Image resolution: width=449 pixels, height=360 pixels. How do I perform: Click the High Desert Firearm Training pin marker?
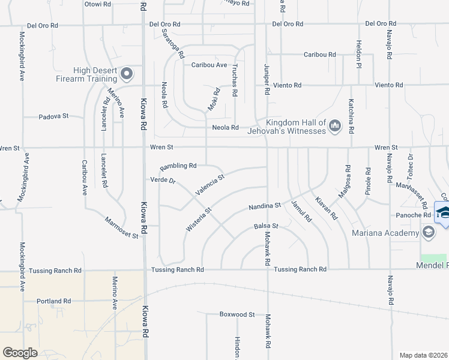click(127, 74)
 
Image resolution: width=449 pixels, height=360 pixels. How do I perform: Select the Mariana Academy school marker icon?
click(428, 233)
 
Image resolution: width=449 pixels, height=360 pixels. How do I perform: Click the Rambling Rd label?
click(178, 166)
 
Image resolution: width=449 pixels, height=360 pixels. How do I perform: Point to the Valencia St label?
click(209, 185)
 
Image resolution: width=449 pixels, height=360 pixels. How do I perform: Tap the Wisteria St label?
click(199, 220)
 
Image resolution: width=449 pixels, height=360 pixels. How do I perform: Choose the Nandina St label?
click(265, 207)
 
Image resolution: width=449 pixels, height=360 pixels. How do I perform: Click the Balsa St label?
click(267, 226)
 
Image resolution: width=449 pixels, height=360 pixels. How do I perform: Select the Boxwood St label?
click(237, 314)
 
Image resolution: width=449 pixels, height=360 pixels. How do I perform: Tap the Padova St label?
click(55, 117)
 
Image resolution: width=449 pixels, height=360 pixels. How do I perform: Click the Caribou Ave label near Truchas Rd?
click(209, 65)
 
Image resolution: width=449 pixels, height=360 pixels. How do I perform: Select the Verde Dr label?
click(162, 180)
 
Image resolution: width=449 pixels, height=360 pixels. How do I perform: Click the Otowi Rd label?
click(98, 4)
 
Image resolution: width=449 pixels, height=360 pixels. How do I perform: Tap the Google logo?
click(20, 353)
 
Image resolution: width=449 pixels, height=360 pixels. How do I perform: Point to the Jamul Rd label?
click(301, 212)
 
